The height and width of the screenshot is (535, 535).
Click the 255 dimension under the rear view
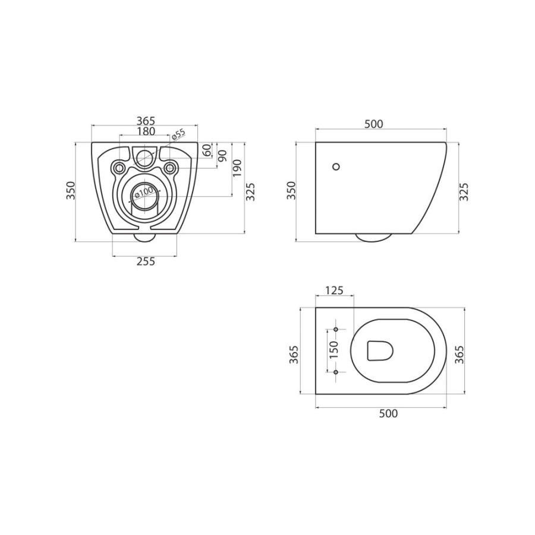pyautogui.click(x=146, y=262)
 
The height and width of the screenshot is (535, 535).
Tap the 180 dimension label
pyautogui.click(x=146, y=131)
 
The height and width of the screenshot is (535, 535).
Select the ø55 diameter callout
pyautogui.click(x=178, y=134)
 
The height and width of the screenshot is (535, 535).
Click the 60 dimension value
pyautogui.click(x=207, y=150)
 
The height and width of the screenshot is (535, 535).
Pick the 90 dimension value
pyautogui.click(x=222, y=156)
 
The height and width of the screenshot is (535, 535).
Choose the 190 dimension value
pyautogui.click(x=237, y=168)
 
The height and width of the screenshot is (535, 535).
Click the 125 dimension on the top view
pyautogui.click(x=334, y=290)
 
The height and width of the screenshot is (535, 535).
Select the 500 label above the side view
pyautogui.click(x=374, y=124)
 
